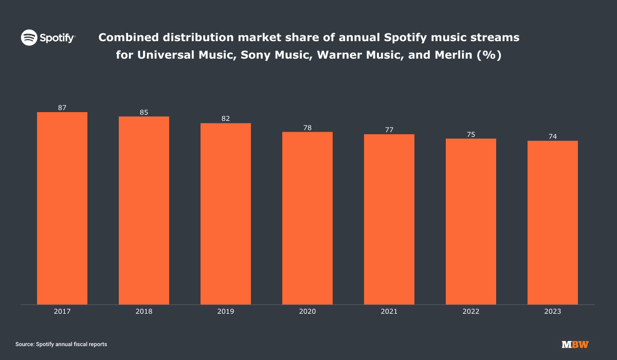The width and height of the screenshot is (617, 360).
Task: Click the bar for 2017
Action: click(62, 208)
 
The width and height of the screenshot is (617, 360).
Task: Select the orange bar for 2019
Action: click(226, 213)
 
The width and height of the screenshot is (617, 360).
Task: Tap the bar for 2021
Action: click(389, 219)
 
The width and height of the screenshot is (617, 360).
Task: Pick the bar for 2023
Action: click(553, 222)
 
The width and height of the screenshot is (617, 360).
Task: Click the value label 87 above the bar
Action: click(62, 107)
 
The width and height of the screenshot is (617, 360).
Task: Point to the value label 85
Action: click(144, 112)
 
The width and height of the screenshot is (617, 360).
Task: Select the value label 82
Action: click(226, 119)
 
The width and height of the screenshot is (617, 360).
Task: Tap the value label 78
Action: click(307, 128)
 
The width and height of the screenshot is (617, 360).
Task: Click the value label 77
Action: click(389, 130)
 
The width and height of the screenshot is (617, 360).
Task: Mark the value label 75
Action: click(471, 134)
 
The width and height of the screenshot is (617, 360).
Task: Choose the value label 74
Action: click(553, 136)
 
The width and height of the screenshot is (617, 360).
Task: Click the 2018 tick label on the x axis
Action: click(144, 312)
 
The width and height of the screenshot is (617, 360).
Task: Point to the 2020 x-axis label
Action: click(307, 312)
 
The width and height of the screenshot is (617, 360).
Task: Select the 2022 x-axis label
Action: click(471, 312)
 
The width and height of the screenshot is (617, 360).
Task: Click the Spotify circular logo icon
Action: click(29, 38)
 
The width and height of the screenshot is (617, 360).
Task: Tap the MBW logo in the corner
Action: click(575, 344)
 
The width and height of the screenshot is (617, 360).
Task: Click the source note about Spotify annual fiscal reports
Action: click(61, 344)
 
